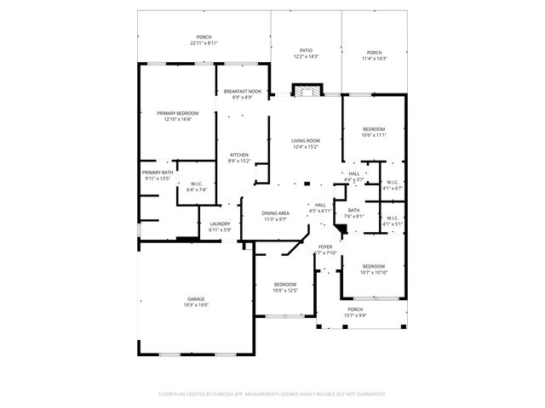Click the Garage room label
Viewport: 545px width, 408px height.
point(197,299)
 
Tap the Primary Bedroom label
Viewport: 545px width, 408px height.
point(177,113)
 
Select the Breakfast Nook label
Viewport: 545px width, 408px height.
point(242,91)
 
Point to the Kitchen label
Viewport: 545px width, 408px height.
point(238,155)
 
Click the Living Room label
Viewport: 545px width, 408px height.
point(305,141)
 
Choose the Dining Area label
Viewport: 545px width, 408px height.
point(275,212)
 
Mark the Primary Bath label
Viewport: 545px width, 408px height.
point(158,173)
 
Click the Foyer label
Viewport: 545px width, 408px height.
point(325,246)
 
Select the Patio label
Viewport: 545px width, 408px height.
point(306,51)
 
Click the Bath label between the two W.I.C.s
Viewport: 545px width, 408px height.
point(353,211)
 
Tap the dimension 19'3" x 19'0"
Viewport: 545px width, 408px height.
point(197,304)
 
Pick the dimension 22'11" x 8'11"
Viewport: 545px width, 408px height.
point(204,42)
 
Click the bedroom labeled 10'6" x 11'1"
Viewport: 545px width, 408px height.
point(374,129)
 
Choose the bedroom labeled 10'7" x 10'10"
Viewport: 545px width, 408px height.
point(374,267)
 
